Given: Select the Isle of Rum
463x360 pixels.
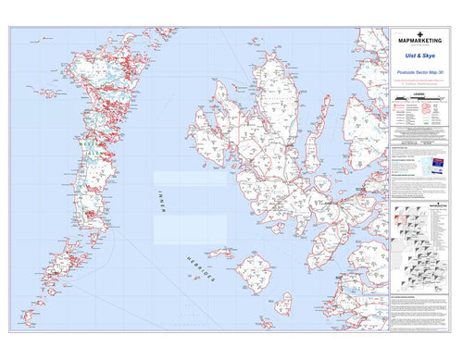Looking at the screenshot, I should [x=253, y=274].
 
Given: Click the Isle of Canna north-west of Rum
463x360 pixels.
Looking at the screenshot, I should [x=219, y=253].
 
